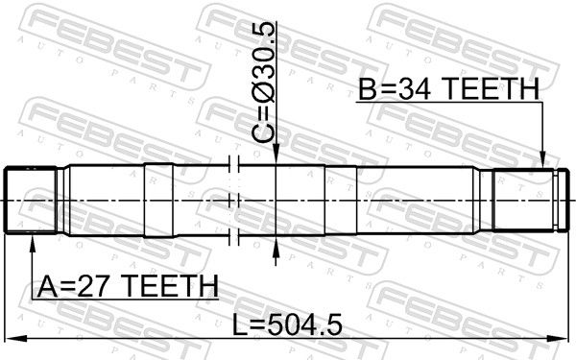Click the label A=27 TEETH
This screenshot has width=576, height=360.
[x=128, y=286]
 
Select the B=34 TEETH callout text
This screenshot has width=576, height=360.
[x=448, y=88]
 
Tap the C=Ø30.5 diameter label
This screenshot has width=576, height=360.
[x=263, y=83]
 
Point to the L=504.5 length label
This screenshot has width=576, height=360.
[x=287, y=324]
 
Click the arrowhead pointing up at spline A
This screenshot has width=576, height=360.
[x=33, y=244]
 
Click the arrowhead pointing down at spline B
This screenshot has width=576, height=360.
[x=543, y=158]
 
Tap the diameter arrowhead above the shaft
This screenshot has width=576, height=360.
[x=276, y=154]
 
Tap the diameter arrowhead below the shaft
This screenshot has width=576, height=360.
[x=276, y=246]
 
